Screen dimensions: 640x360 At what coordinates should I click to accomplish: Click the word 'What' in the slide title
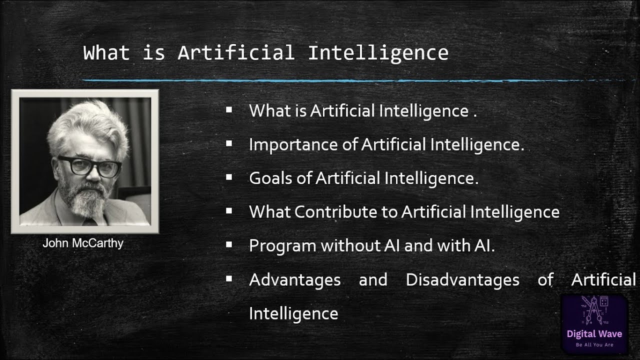(106, 53)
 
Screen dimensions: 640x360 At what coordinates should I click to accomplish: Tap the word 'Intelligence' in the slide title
(378, 53)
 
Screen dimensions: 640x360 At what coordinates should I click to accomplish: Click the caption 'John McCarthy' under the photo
(83, 243)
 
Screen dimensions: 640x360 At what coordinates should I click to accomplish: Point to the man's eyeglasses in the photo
(89, 166)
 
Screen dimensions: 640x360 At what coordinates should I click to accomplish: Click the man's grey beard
(87, 200)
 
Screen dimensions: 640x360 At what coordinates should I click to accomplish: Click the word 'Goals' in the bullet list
(270, 178)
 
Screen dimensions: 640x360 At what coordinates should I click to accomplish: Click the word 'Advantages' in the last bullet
(295, 280)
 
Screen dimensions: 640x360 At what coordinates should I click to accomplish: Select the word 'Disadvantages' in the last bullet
(462, 279)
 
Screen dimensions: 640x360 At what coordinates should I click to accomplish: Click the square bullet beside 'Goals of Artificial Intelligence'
(229, 177)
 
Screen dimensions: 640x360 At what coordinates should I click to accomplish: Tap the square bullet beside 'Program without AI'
(229, 244)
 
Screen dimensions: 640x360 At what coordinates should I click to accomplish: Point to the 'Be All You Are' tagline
(594, 345)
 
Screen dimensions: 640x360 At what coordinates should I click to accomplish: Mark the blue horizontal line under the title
(354, 81)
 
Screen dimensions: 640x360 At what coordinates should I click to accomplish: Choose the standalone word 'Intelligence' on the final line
(293, 314)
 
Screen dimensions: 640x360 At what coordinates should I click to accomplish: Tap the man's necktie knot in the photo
(90, 221)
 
